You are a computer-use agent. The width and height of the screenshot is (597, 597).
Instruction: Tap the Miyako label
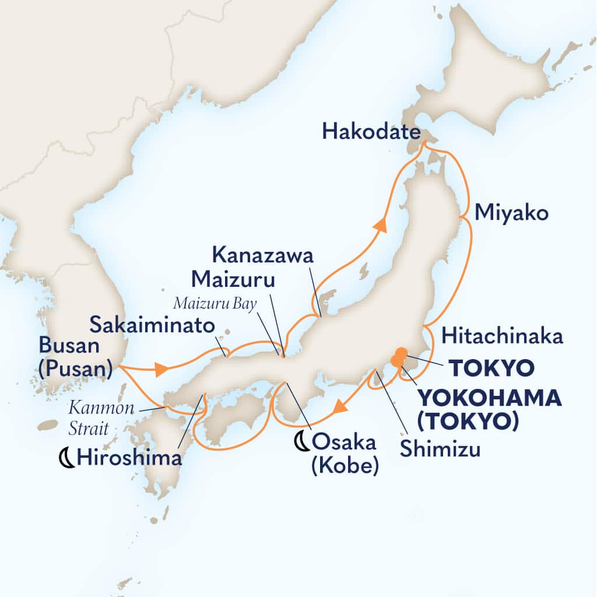[511, 214]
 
